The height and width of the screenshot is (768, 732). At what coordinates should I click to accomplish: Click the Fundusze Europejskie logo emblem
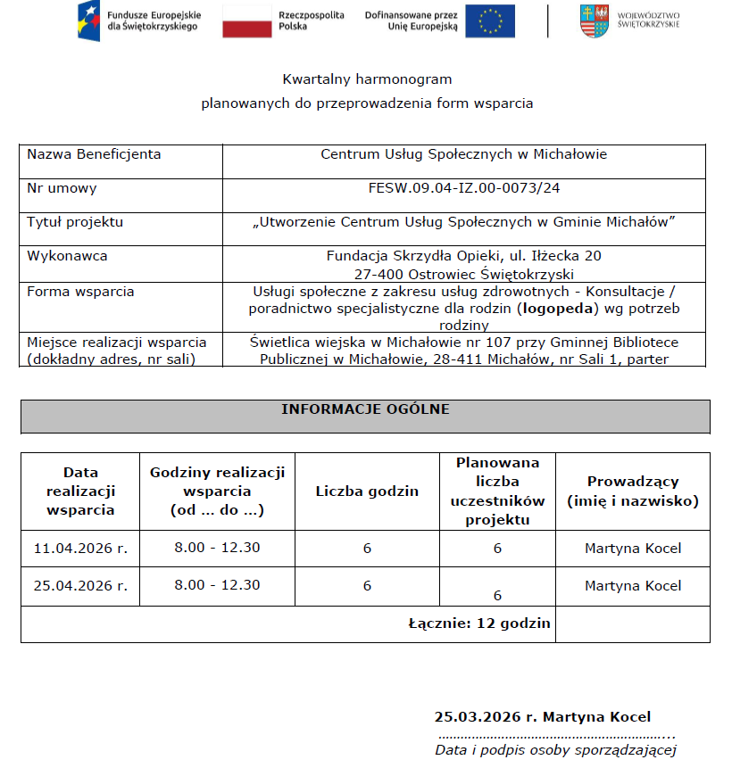point(89,20)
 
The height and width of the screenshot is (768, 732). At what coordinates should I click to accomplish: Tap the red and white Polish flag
point(246,21)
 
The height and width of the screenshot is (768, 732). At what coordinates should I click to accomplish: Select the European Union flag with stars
point(490,21)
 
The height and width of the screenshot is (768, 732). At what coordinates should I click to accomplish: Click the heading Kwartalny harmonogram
point(367,79)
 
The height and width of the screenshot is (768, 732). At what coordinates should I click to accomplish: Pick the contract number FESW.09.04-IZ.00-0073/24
point(463,188)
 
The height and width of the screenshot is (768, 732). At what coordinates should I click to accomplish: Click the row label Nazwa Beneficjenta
point(94,154)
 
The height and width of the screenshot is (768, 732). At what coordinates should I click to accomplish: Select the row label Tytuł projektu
point(75,222)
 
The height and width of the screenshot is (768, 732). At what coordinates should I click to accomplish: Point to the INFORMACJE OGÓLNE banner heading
point(365,409)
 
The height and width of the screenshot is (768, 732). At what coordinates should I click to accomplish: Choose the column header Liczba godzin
point(367,491)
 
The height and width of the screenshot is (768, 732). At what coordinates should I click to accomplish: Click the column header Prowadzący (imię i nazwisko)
point(633,491)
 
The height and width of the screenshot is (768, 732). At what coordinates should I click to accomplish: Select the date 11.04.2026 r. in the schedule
point(80,548)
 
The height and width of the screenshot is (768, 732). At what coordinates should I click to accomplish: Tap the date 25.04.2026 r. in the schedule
point(80,586)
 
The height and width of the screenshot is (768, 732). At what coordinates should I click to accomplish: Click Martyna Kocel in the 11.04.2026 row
point(632,548)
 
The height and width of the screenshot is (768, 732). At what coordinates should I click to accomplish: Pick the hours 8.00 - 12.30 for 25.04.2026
point(217,585)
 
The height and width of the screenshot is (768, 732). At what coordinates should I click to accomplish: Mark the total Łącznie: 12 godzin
point(478,623)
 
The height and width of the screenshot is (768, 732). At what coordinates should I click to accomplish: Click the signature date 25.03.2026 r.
point(485,716)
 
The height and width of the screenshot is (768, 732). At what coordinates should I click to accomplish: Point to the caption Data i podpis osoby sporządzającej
point(555,750)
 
